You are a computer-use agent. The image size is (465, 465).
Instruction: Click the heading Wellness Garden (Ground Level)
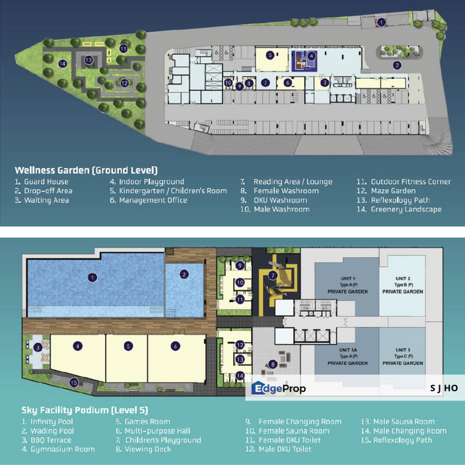pyautogui.click(x=86, y=170)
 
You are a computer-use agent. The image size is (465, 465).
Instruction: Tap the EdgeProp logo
pyautogui.click(x=278, y=388)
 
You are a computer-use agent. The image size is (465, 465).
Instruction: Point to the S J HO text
pyautogui.click(x=444, y=387)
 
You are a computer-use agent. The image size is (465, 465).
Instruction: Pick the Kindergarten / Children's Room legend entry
pyautogui.click(x=168, y=191)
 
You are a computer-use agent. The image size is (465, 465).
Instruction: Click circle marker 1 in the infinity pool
pyautogui.click(x=93, y=278)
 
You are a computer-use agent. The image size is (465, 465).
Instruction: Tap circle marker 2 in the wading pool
pyautogui.click(x=184, y=274)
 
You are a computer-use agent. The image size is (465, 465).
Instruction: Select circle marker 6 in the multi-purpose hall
pyautogui.click(x=175, y=346)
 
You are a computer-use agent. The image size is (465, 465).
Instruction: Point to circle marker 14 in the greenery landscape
pyautogui.click(x=63, y=63)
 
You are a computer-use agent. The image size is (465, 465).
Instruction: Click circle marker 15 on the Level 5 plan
pyautogui.click(x=74, y=383)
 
